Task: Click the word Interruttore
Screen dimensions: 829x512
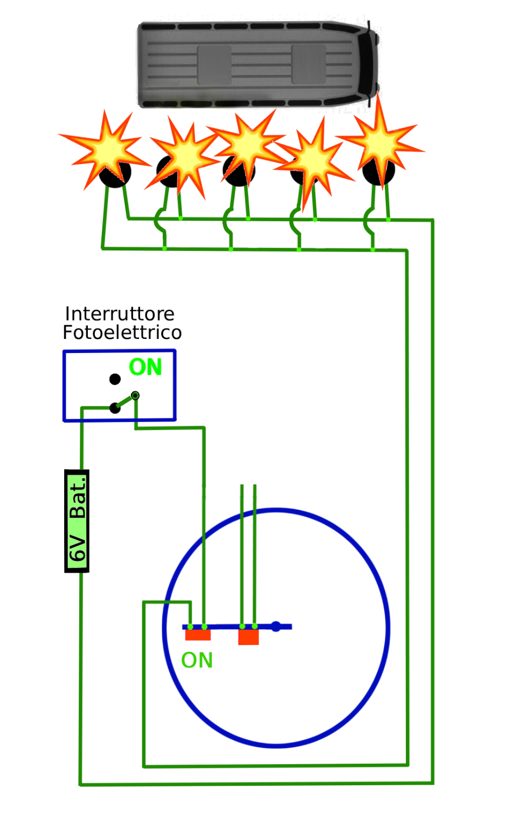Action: [x=119, y=314]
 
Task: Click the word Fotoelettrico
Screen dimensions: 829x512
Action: [x=122, y=332]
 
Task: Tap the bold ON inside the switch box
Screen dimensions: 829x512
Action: [x=146, y=367]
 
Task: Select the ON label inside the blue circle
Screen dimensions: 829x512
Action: [x=197, y=660]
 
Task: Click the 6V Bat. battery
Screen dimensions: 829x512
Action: [x=77, y=520]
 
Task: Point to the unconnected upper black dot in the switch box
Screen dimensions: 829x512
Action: [x=115, y=379]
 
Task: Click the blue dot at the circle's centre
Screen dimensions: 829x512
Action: [x=275, y=627]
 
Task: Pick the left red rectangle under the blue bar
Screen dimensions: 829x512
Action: [x=198, y=634]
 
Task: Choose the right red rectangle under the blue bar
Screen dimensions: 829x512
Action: [x=248, y=637]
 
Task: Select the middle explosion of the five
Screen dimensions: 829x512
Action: [x=246, y=143]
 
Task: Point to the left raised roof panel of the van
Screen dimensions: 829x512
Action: [x=214, y=65]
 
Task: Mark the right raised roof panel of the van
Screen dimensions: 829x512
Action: [x=308, y=64]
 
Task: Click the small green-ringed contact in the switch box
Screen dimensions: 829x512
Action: [x=135, y=396]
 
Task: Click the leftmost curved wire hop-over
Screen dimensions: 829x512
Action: [x=160, y=221]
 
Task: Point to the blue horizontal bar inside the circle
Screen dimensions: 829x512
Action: [x=237, y=627]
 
